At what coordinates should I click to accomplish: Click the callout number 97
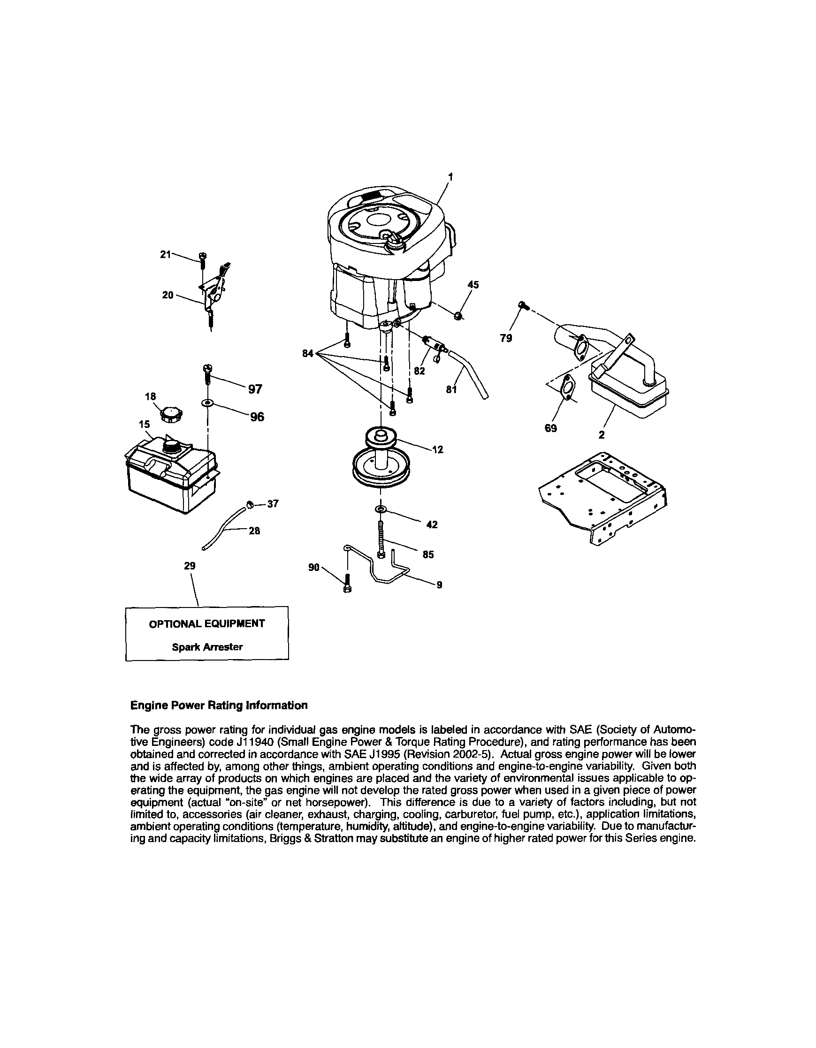[255, 389]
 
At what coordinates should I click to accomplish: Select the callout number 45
[473, 285]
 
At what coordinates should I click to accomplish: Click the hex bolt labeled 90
[348, 585]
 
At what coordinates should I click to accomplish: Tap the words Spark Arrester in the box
[207, 647]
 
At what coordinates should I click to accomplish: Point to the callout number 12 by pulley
[437, 449]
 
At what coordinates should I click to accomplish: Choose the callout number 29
[190, 566]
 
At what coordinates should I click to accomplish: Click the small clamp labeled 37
[250, 503]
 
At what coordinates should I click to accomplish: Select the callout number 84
[308, 354]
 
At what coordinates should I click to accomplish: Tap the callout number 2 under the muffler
[602, 435]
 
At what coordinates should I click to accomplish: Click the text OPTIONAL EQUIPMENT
[207, 624]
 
